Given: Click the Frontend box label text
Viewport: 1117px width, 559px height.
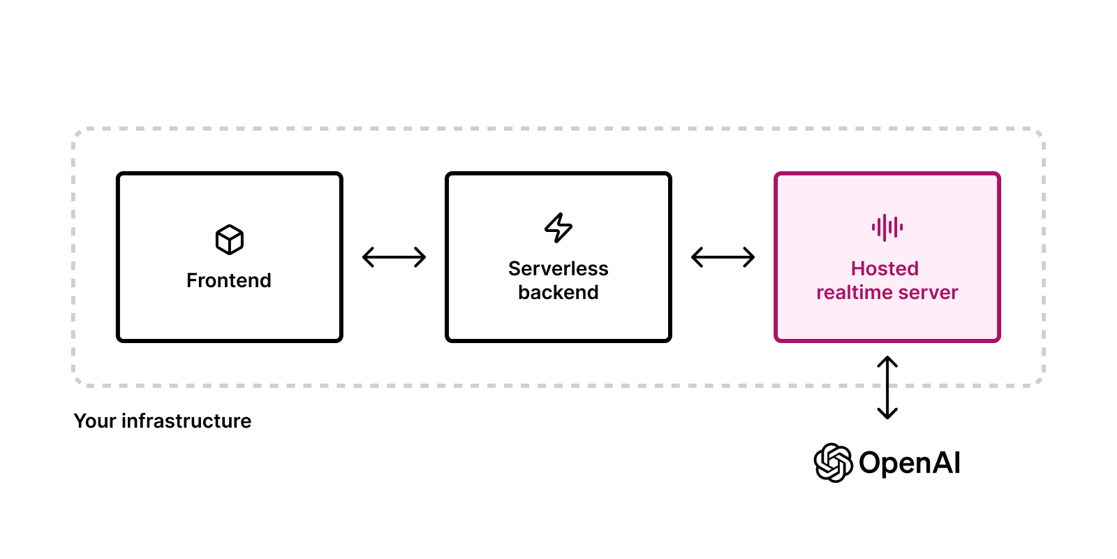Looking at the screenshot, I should tap(228, 280).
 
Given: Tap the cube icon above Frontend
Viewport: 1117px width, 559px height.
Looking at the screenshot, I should tap(230, 240).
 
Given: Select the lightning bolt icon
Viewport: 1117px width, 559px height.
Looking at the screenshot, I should tap(558, 227).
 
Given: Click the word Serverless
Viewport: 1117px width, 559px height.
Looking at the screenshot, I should tap(558, 268).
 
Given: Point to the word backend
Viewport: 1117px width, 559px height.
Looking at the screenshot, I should tap(558, 292).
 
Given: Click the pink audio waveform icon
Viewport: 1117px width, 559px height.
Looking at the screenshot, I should tap(887, 227).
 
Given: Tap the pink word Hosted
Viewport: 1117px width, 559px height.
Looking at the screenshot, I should tap(885, 268).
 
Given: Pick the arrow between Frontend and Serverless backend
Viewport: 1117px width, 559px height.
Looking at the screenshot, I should tap(394, 257).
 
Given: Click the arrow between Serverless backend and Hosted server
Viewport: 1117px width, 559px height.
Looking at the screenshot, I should tap(723, 257).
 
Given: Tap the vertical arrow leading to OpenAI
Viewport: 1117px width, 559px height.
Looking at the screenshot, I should tap(887, 388).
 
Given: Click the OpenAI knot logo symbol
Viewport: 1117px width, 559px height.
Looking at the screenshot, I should tap(833, 463).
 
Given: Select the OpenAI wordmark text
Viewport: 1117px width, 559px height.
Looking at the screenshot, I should tap(909, 463).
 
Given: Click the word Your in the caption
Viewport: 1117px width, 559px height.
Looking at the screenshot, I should tap(95, 421).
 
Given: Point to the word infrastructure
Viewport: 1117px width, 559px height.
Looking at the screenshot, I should tap(186, 421).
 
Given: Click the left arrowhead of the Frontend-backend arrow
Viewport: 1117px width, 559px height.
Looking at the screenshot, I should tap(367, 257).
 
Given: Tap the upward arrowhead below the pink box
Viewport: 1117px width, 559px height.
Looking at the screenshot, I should tap(887, 361).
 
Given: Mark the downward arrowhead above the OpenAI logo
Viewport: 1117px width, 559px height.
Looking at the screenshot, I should tap(887, 414).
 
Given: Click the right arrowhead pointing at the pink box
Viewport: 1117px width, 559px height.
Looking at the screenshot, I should tap(750, 257).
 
